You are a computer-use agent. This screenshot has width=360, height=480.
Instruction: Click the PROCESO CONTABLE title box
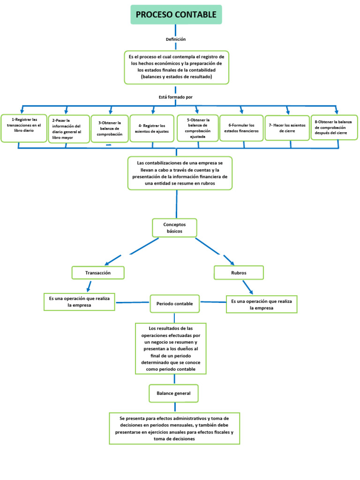coord(176,15)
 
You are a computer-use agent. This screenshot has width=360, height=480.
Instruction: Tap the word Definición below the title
coord(176,39)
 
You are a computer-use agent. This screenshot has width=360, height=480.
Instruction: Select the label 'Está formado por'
coord(176,97)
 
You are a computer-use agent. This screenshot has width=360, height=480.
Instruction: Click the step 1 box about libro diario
coord(23,128)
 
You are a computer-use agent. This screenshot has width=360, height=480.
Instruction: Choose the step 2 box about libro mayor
coord(69,129)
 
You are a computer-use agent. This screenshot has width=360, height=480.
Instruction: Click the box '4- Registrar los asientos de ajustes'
coord(152,128)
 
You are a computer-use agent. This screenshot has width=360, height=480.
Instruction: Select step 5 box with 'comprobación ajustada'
coord(197,128)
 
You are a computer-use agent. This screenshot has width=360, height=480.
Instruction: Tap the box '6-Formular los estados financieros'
coord(241,128)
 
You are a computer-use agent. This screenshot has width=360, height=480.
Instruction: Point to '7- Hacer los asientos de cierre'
coord(287,128)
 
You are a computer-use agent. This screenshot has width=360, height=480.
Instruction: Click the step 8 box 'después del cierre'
coord(334,127)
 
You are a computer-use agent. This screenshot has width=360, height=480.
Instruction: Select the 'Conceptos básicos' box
coord(174,228)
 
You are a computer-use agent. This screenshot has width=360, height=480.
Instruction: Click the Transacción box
coord(98,272)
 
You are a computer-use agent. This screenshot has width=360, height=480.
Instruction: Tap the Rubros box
coord(239,272)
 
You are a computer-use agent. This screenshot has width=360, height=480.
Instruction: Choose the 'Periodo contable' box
coord(174,304)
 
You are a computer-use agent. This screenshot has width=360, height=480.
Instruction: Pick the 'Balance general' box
coord(173,393)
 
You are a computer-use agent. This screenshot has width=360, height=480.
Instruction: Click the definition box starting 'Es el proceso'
coord(176,67)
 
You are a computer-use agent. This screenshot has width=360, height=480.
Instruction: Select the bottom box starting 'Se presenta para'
coord(174,428)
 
